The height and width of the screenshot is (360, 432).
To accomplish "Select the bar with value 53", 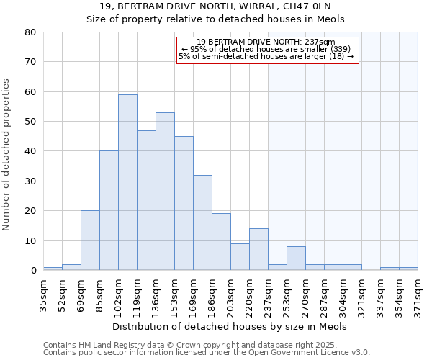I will click(x=165, y=192).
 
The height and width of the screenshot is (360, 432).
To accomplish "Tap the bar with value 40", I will click(x=109, y=210).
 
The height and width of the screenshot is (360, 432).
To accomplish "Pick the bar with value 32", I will click(x=202, y=222).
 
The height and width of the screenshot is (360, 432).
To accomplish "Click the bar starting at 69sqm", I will click(x=90, y=240).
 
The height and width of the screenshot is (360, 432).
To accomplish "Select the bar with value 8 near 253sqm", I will click(x=296, y=258).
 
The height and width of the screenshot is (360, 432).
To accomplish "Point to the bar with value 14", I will click(x=258, y=249).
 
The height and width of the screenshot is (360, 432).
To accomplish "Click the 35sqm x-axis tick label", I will click(x=44, y=293).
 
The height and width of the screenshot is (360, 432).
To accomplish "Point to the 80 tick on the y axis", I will click(x=30, y=32).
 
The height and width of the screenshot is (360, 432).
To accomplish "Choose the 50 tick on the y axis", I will click(x=30, y=122).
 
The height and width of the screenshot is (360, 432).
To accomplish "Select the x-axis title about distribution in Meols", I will click(x=230, y=326).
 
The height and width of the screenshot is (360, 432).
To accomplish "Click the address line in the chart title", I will click(x=215, y=6).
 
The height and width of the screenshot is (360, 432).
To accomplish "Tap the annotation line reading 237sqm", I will click(x=267, y=42).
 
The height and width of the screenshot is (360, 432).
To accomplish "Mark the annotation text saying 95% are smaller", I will click(x=267, y=49).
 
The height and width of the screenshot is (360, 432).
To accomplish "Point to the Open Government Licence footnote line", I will click(x=207, y=352).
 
